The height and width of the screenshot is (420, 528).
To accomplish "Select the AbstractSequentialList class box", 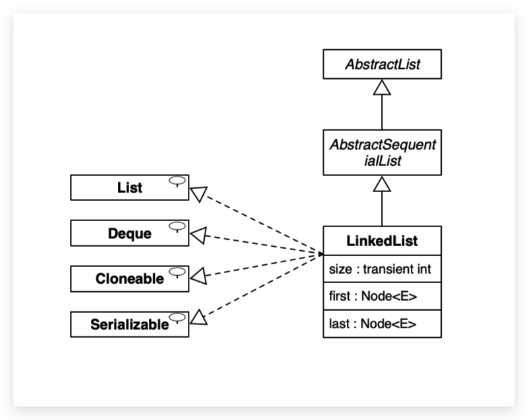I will [382, 152].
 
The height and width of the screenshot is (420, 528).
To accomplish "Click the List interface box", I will [129, 187].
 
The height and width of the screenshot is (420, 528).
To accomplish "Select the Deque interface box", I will [129, 233].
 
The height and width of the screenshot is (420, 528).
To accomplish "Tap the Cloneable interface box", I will [129, 278].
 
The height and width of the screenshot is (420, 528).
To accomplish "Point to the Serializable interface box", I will [129, 324].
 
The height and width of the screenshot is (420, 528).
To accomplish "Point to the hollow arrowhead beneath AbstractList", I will [382, 87].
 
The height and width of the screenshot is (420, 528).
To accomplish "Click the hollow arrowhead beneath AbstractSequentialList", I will [382, 183].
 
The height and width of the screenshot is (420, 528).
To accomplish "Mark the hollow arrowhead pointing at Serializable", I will [198, 317].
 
